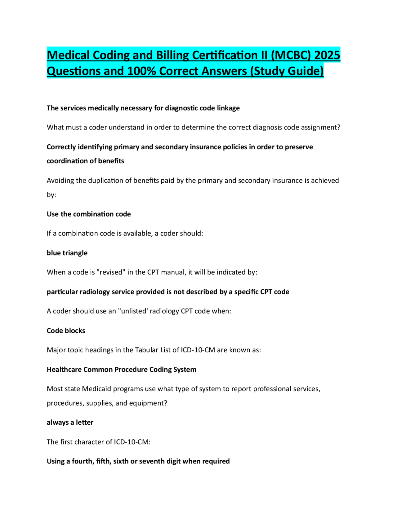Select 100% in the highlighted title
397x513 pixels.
[142, 71]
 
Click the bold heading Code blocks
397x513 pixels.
[66, 331]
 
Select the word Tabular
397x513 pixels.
[146, 350]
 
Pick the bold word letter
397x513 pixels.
[85, 423]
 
